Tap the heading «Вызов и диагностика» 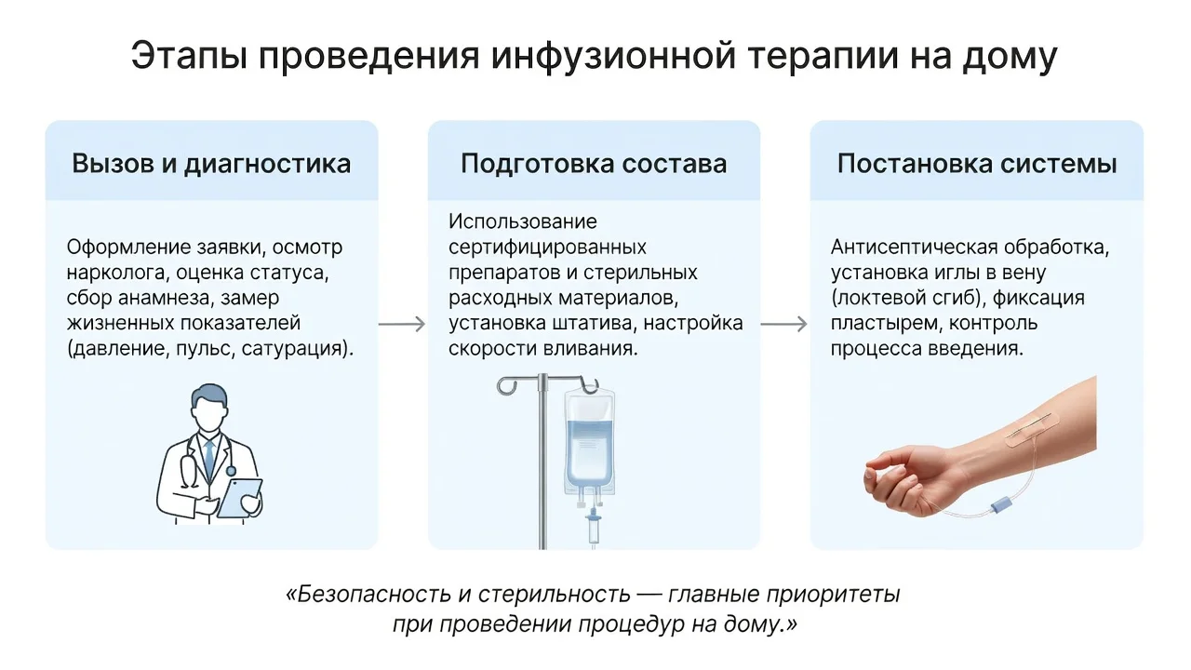coord(211,163)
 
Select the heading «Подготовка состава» coord(594,163)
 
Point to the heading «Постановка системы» coord(977,163)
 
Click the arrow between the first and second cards coord(403,324)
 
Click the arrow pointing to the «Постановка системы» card coord(784,324)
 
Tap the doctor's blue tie coord(209,459)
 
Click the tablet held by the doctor coord(239,498)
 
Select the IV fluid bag coord(590,441)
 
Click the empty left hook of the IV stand coord(507,385)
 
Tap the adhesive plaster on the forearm coord(1032,430)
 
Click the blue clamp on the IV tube coord(999,504)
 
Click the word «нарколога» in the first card coord(118,273)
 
